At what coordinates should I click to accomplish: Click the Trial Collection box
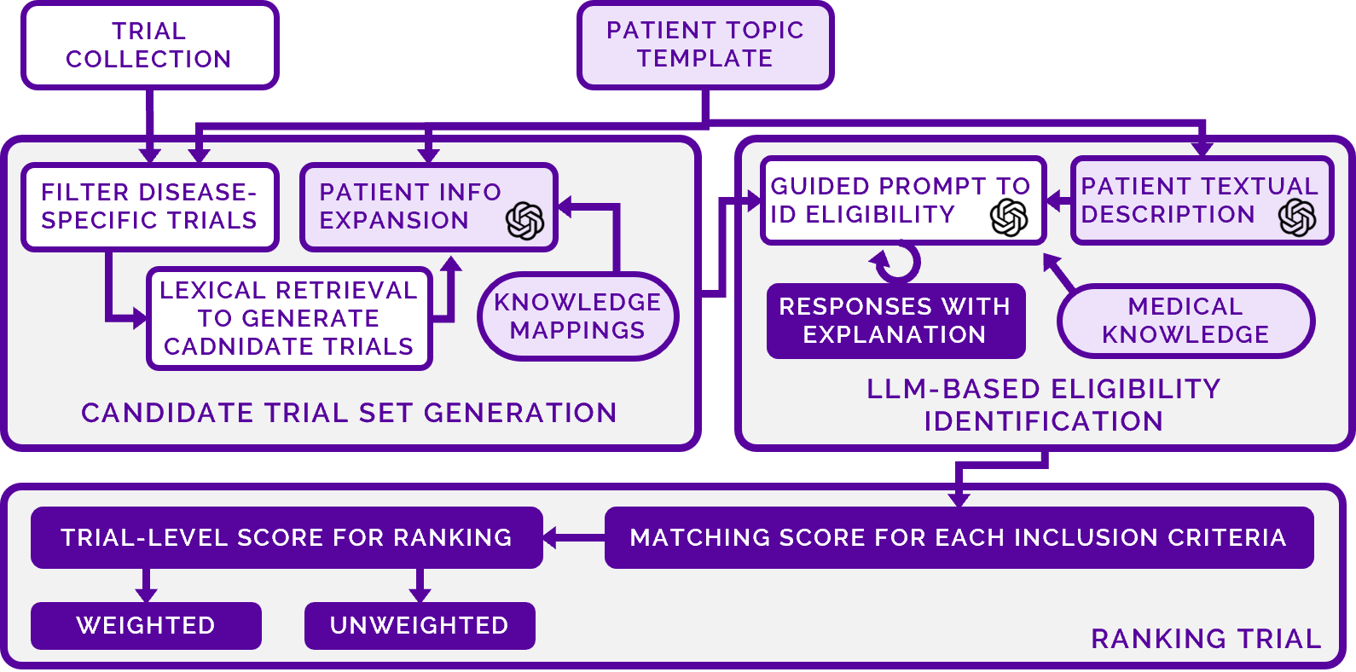click(149, 45)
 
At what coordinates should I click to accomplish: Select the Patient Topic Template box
click(705, 44)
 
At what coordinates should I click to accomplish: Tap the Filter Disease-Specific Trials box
click(149, 206)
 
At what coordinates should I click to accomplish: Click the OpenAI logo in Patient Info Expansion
click(524, 221)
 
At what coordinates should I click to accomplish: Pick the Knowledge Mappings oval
click(577, 316)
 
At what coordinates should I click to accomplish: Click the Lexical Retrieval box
click(289, 318)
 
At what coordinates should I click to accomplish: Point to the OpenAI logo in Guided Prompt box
click(1009, 217)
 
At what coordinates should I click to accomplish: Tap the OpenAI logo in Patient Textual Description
click(1297, 217)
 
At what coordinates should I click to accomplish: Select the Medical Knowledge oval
click(1185, 321)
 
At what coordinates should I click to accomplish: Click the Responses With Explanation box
click(895, 321)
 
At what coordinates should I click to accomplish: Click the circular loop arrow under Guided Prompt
click(895, 263)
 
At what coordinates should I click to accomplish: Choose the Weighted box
click(146, 625)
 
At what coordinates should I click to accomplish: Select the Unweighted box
click(420, 625)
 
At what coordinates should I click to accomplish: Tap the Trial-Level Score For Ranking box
click(287, 537)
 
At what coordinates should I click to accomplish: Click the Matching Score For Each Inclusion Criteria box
click(959, 537)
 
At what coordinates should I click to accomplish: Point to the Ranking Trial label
click(1206, 639)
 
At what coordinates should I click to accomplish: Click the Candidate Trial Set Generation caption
click(349, 413)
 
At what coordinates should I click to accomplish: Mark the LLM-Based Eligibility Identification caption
click(1044, 405)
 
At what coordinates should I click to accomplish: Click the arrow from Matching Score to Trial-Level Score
click(573, 537)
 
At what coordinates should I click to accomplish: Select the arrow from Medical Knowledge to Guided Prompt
click(1059, 274)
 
